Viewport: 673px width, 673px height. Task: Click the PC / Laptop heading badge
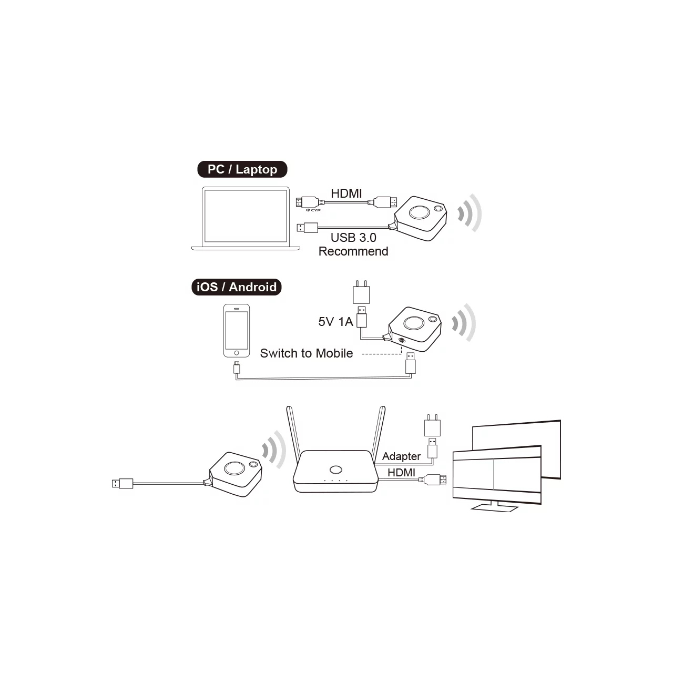(242, 169)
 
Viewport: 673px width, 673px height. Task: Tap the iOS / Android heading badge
(237, 287)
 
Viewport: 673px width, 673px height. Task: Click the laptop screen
(246, 216)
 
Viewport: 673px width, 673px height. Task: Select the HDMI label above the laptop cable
(346, 193)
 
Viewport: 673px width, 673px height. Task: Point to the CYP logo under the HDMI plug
(313, 210)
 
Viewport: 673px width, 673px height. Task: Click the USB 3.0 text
(353, 238)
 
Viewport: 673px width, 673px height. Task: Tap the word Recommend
(353, 251)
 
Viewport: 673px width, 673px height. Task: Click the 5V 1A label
(335, 322)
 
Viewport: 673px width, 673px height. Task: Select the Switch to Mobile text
(307, 353)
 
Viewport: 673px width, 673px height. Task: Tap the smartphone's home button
(237, 353)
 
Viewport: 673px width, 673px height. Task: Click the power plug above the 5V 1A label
(361, 292)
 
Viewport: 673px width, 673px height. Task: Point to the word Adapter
(401, 456)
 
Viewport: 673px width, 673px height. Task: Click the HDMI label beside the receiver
(401, 473)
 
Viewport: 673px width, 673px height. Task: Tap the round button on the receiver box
(335, 470)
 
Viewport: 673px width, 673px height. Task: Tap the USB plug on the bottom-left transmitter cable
(122, 483)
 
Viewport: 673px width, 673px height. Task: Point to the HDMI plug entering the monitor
(435, 480)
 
